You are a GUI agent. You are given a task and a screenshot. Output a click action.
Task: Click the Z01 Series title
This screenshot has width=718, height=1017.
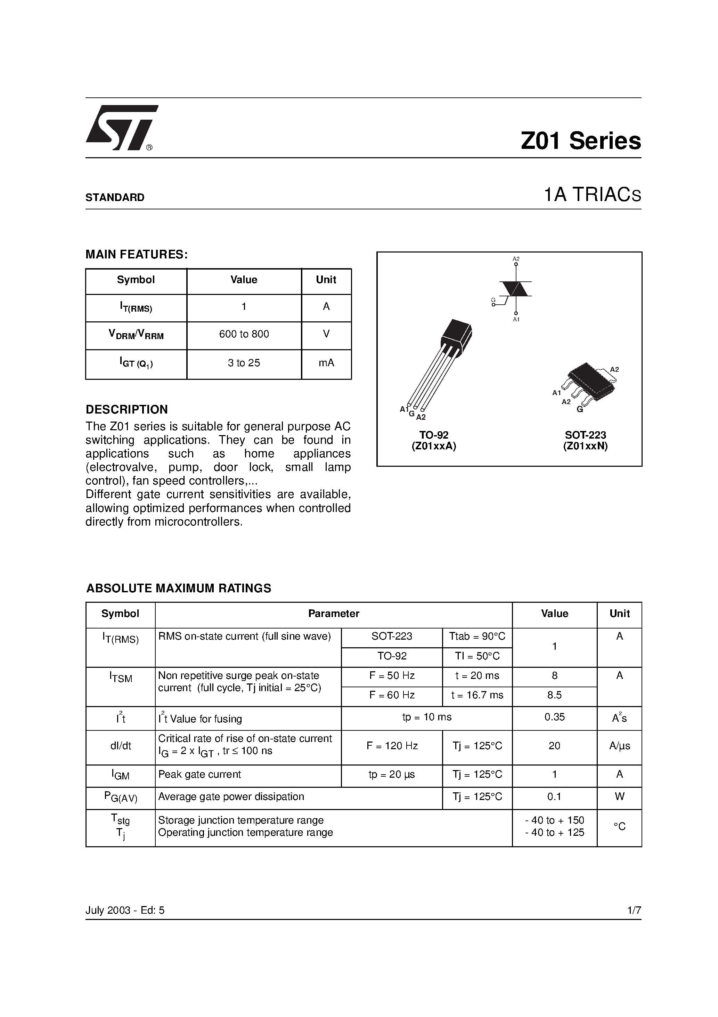[580, 141]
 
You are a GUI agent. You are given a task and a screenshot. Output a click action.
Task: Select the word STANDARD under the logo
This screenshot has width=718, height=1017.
[115, 198]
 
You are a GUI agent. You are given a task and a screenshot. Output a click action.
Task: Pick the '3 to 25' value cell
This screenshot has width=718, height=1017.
[244, 363]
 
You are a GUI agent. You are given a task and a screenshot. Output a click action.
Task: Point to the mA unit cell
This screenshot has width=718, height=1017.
[326, 363]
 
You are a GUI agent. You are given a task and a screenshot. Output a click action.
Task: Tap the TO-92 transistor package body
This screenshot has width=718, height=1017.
[456, 338]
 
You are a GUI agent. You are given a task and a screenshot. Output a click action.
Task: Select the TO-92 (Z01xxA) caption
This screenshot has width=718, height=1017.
[434, 441]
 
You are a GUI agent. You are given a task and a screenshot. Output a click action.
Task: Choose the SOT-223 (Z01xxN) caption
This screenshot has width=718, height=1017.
[585, 441]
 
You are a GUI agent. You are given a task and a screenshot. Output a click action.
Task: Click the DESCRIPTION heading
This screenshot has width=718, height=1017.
[127, 409]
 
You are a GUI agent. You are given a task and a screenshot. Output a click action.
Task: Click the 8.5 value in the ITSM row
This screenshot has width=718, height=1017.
[554, 695]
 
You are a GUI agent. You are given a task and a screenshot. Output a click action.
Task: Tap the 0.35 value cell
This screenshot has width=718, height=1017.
[554, 717]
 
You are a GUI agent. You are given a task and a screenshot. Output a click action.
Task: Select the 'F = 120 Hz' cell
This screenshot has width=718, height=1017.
[392, 746]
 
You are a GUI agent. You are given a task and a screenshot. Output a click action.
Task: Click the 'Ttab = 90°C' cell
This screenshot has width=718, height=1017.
[477, 636]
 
